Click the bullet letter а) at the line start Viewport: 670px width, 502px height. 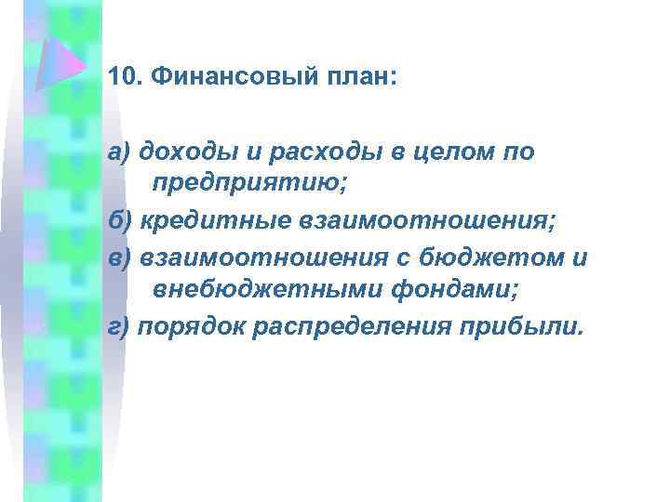coord(118,152)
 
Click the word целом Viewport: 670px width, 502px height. coord(440,152)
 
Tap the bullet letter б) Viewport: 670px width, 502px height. coord(118,219)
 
